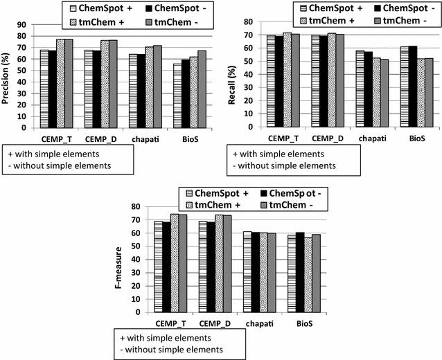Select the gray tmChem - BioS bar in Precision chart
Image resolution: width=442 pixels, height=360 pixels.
coord(202,89)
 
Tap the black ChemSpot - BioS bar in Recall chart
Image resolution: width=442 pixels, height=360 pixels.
coord(414,87)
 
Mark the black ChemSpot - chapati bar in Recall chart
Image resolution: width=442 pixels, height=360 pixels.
coord(368,89)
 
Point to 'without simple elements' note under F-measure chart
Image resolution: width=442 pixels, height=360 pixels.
coord(174,350)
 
